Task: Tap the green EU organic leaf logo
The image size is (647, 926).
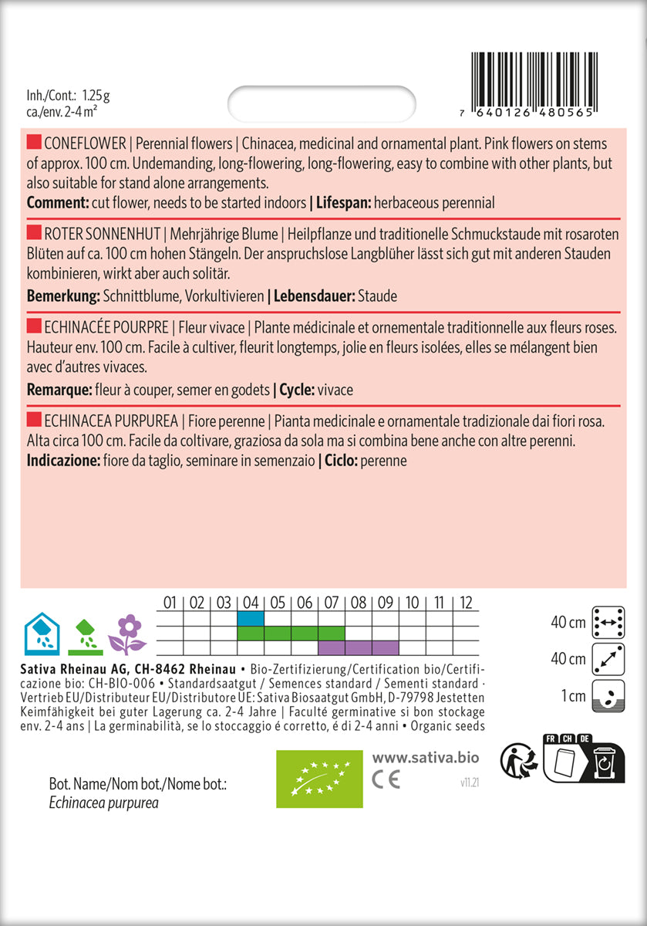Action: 319,778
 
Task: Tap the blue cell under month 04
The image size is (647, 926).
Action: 250,618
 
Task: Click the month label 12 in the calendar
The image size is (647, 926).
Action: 466,603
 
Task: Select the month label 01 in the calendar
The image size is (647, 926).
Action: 170,603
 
